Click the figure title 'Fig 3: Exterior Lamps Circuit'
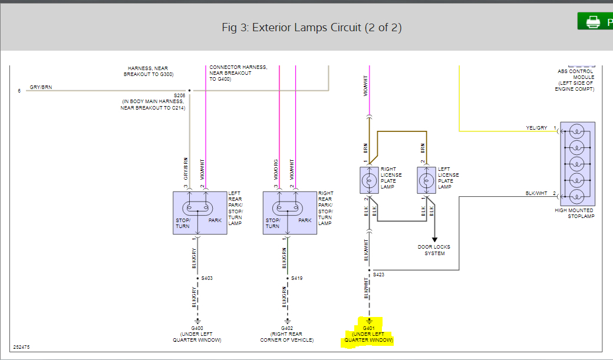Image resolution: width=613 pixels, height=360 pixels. point(312,28)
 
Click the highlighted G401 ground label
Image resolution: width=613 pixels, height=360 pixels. point(369,328)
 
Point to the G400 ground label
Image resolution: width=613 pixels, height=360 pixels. point(197,328)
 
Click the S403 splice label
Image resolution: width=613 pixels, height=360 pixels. point(207,278)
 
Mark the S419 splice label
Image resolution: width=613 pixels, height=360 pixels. point(296,278)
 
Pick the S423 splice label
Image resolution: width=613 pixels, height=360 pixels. point(379,275)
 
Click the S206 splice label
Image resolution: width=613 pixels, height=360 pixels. point(179,95)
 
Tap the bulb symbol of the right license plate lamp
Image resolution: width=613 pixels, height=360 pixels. point(369,180)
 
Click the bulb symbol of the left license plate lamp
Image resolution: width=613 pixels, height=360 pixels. point(426,180)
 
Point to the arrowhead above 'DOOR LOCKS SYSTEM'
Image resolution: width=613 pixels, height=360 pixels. point(435,239)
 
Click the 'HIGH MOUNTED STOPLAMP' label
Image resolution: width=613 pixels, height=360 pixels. point(574,213)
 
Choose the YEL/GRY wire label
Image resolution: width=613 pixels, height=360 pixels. point(536,128)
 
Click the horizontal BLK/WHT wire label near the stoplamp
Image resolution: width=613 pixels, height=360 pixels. point(536,193)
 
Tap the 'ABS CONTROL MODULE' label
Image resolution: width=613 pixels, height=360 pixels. point(576,80)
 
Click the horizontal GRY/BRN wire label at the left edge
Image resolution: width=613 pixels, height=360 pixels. point(41,87)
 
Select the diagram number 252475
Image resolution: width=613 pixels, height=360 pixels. point(21,347)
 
